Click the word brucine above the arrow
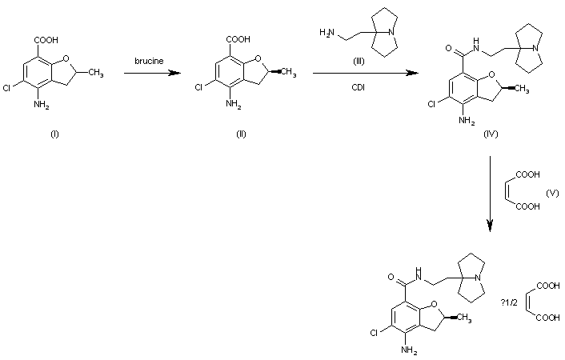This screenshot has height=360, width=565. coord(150,60)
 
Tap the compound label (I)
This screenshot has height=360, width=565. coord(54,133)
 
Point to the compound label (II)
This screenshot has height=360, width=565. coord(241,133)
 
